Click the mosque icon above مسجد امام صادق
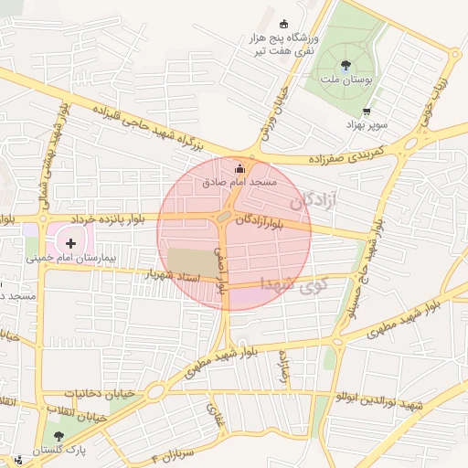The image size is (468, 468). [x=240, y=168]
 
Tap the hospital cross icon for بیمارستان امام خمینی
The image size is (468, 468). [x=70, y=243]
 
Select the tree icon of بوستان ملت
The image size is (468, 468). [x=346, y=66]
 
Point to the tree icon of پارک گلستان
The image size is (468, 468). [x=59, y=436]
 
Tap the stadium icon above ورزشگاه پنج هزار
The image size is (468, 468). [x=283, y=24]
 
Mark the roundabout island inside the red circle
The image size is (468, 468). [x=225, y=216]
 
